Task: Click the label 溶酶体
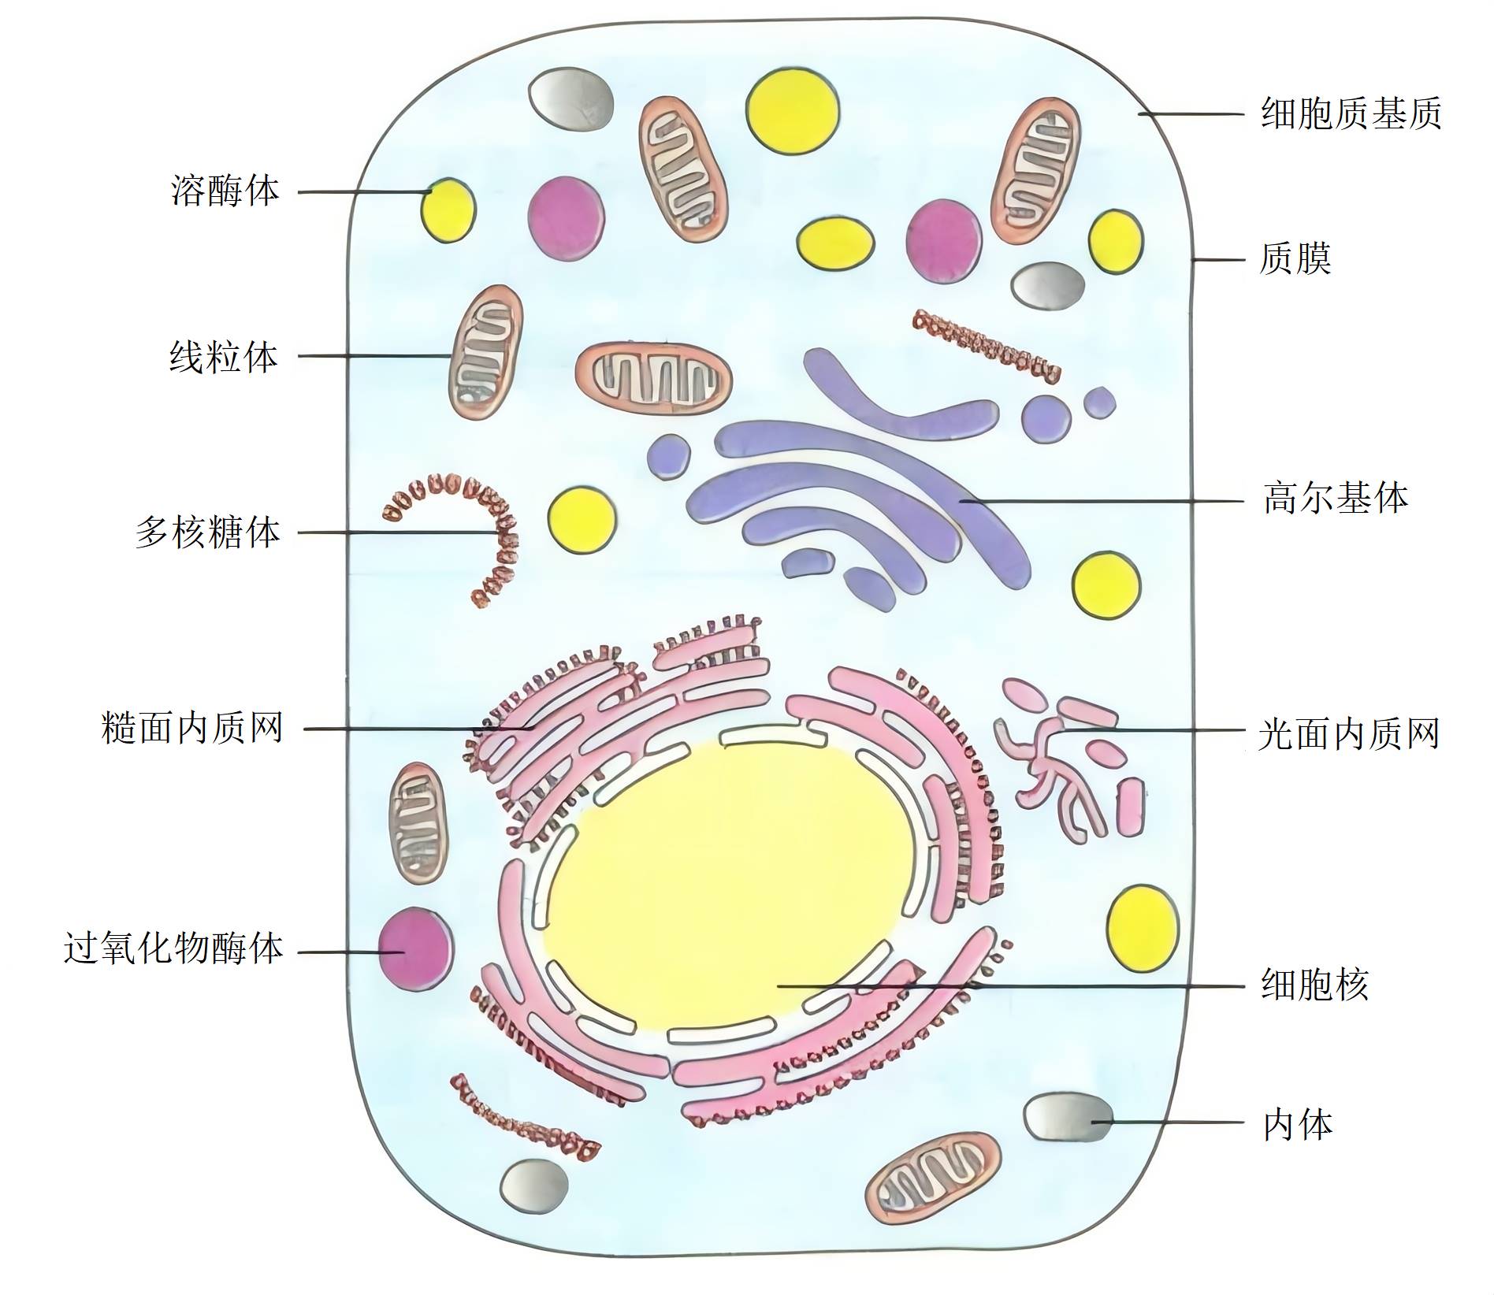[x=225, y=191]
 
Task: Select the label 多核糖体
[x=208, y=533]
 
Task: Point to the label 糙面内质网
[x=192, y=729]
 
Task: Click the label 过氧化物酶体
[x=173, y=948]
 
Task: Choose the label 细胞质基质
[x=1351, y=114]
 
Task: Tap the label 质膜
[x=1295, y=259]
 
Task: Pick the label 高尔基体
[x=1336, y=499]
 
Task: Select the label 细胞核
[x=1314, y=985]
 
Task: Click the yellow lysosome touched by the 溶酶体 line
[x=448, y=210]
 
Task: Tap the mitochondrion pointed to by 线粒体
[x=485, y=352]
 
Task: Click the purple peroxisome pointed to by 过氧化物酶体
[x=415, y=948]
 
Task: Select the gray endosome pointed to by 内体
[x=1068, y=1116]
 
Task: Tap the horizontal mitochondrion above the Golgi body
[x=653, y=379]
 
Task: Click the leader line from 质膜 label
[x=1218, y=259]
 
